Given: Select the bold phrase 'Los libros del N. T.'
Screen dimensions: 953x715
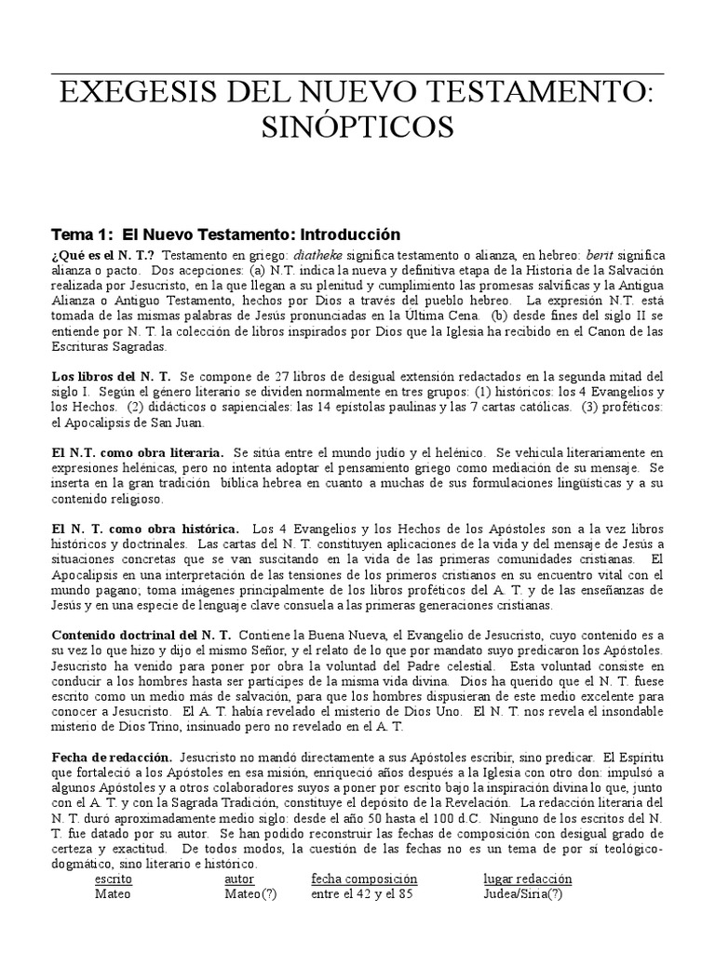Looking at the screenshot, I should coord(110,375).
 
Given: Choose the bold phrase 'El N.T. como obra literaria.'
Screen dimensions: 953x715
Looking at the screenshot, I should coord(137,450).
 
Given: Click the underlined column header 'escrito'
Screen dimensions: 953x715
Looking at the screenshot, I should coord(114,879).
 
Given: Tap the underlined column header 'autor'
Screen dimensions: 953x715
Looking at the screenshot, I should coord(239,879).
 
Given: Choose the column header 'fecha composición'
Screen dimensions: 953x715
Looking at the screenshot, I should coord(364,879).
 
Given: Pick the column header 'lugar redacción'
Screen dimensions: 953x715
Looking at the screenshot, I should coord(528,879).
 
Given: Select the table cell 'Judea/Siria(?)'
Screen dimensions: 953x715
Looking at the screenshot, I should coord(523,894).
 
